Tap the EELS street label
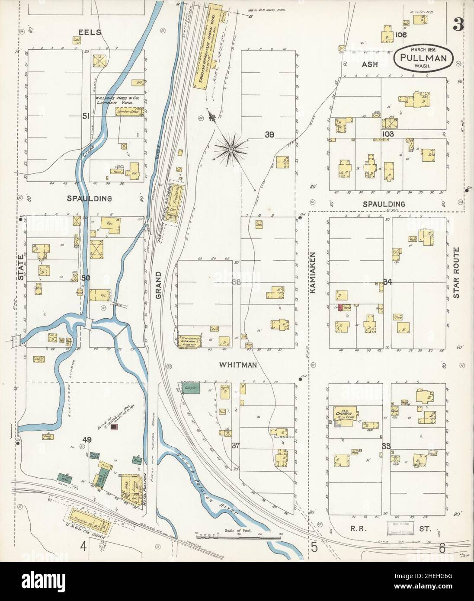click(x=90, y=32)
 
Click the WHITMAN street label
click(x=238, y=365)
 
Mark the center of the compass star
click(x=231, y=150)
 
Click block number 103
click(x=388, y=134)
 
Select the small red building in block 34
click(x=340, y=307)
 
